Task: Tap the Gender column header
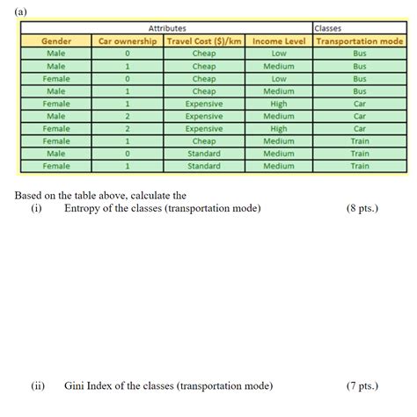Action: click(55, 40)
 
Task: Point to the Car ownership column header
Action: click(128, 40)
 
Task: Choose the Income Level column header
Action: click(278, 40)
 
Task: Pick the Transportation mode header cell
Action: click(359, 40)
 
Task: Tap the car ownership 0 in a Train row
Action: click(128, 153)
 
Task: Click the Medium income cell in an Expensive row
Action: click(278, 115)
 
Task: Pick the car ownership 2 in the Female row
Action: click(128, 128)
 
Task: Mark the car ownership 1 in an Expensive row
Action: click(128, 103)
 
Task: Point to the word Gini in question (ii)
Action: click(77, 385)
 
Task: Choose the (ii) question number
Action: click(38, 385)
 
